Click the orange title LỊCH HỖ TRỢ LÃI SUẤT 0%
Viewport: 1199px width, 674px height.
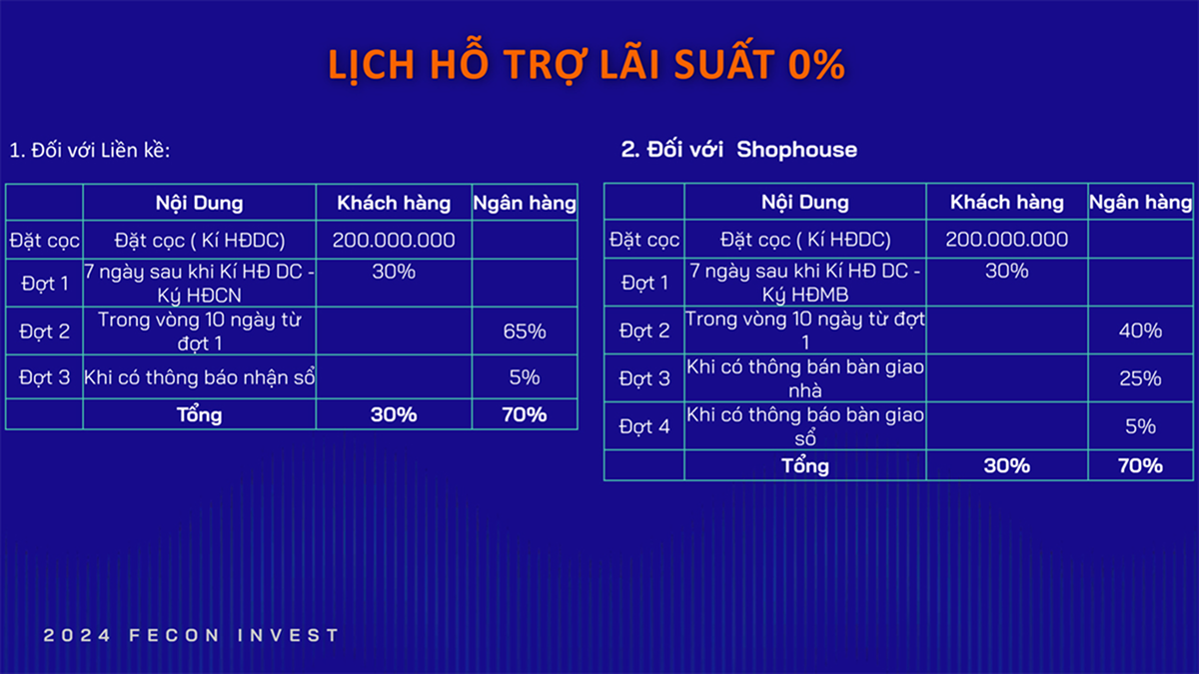pyautogui.click(x=587, y=63)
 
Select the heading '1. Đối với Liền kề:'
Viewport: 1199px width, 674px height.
pyautogui.click(x=90, y=151)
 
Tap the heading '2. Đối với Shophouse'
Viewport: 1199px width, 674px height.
pyautogui.click(x=739, y=149)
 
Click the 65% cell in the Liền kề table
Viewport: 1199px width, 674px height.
pyautogui.click(x=525, y=332)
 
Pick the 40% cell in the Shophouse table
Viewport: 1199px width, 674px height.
pyautogui.click(x=1140, y=331)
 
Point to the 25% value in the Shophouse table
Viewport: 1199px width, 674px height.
pyautogui.click(x=1140, y=378)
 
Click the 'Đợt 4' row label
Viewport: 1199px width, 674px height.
pyautogui.click(x=644, y=426)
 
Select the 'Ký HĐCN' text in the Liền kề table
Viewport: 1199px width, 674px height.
pyautogui.click(x=199, y=296)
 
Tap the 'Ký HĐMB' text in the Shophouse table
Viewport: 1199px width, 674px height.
pyautogui.click(x=805, y=295)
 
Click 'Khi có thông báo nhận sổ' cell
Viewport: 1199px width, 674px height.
pyautogui.click(x=199, y=377)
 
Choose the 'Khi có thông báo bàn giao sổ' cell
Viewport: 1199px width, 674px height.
pyautogui.click(x=805, y=426)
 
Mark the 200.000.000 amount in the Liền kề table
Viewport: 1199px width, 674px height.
pyautogui.click(x=394, y=240)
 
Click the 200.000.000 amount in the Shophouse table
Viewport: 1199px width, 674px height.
pyautogui.click(x=1007, y=239)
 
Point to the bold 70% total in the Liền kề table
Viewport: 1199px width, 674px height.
pyautogui.click(x=525, y=414)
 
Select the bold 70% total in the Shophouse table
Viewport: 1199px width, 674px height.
pyautogui.click(x=1140, y=465)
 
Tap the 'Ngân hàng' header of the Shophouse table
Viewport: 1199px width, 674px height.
pyautogui.click(x=1141, y=202)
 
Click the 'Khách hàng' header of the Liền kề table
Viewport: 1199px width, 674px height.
pyautogui.click(x=394, y=203)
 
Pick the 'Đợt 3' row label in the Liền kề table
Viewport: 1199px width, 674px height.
pyautogui.click(x=44, y=377)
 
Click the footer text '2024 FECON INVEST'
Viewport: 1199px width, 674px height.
pyautogui.click(x=191, y=635)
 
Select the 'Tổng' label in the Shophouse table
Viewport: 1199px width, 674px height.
pyautogui.click(x=805, y=465)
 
